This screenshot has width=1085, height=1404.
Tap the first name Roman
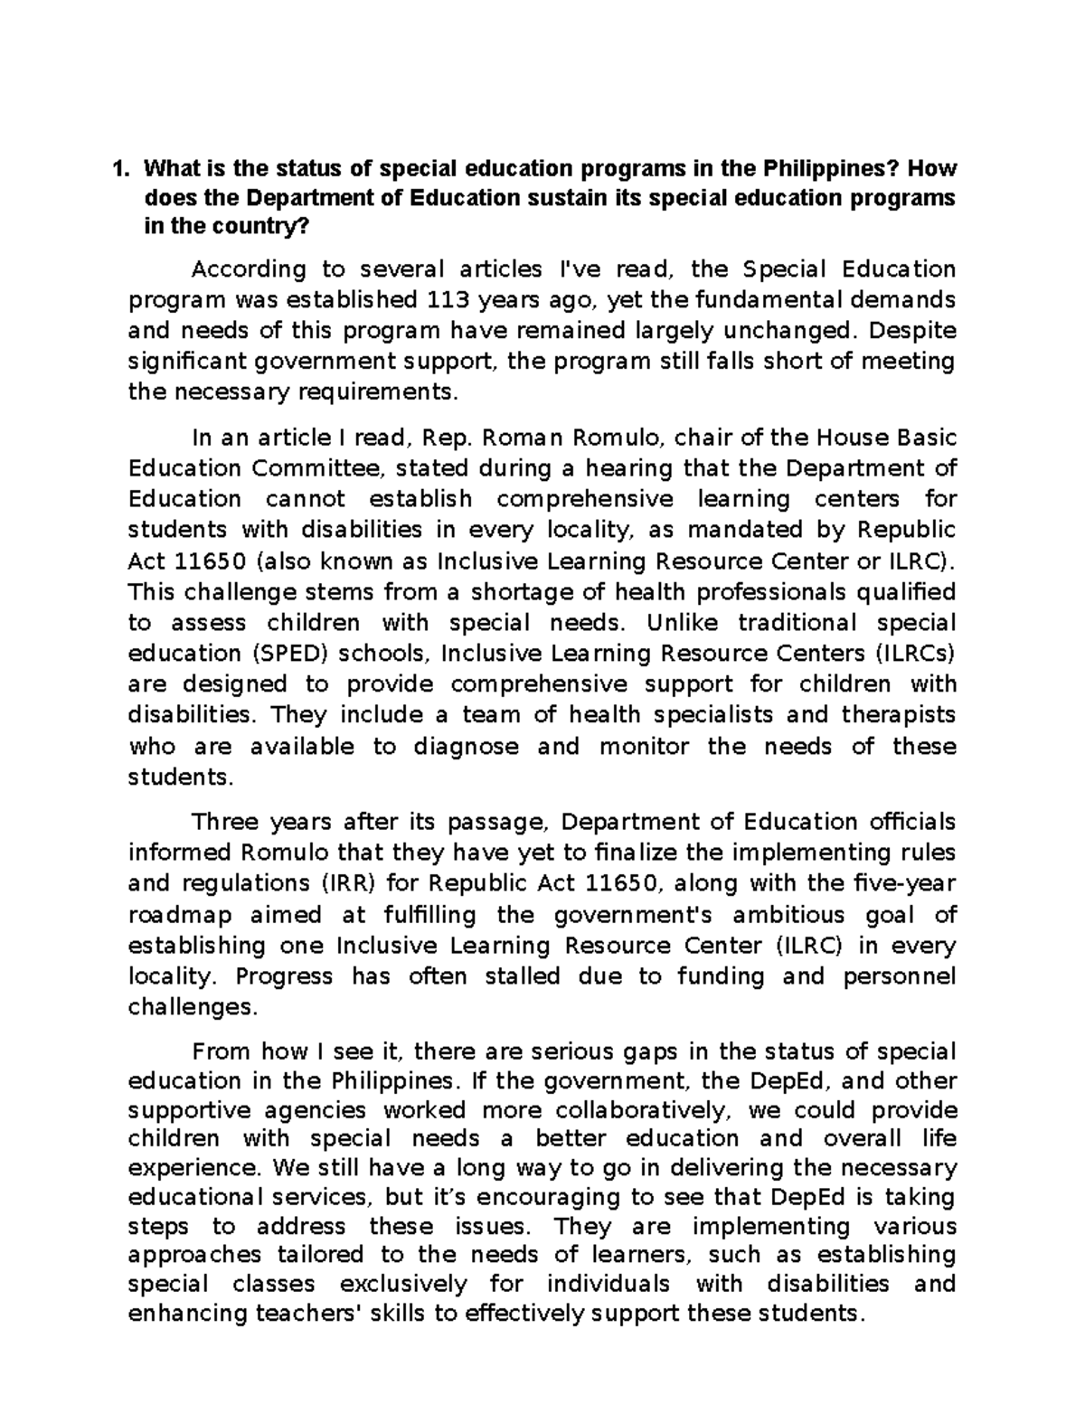(524, 438)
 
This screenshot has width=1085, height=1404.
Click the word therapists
(898, 715)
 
